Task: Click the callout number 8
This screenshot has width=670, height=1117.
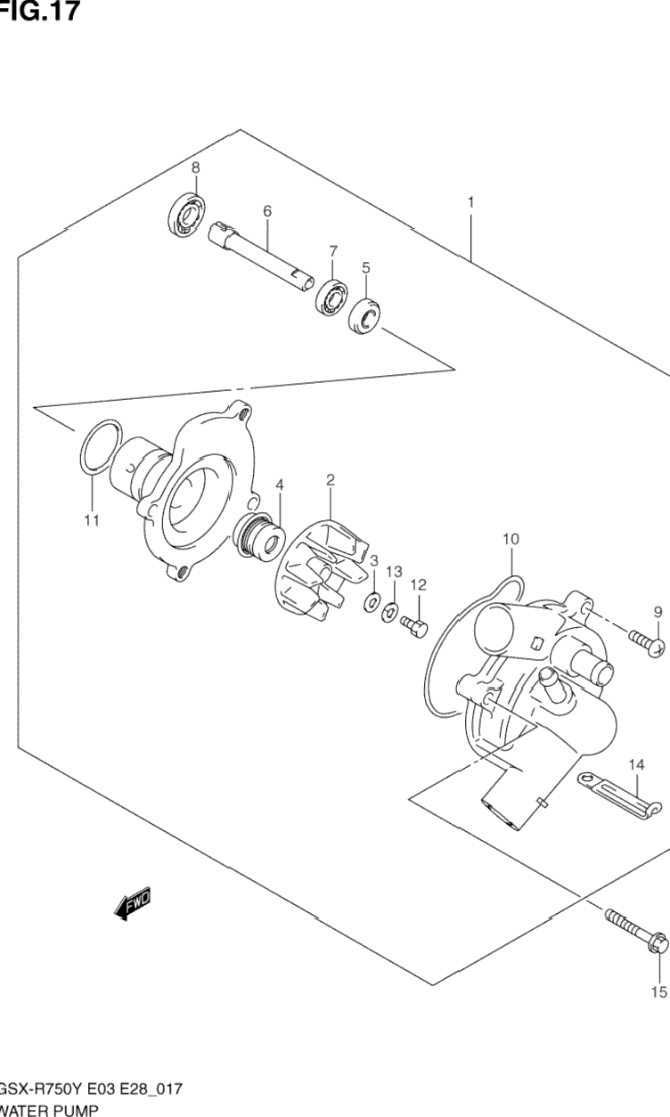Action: [195, 167]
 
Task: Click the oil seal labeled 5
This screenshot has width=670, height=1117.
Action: [364, 317]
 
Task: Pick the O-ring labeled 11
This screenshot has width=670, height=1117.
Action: [97, 445]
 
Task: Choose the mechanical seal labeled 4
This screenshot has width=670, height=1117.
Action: [260, 540]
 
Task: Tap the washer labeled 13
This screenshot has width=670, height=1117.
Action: [389, 612]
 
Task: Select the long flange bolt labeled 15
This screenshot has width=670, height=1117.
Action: [636, 932]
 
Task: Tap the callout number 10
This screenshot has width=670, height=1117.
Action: [511, 538]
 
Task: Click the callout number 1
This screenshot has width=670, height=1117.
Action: [470, 202]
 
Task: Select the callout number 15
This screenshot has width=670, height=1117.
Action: [658, 991]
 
